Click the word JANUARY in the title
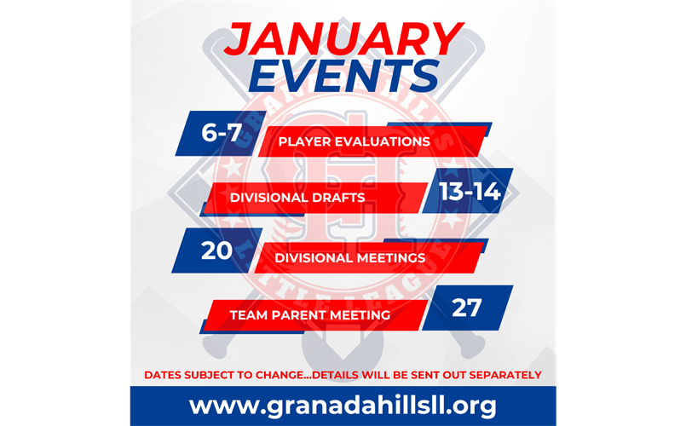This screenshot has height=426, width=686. coord(343,39)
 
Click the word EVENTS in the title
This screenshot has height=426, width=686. coord(344,77)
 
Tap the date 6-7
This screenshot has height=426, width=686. coord(222,132)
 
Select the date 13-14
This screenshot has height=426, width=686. coord(470,192)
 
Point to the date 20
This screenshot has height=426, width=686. coord(216,250)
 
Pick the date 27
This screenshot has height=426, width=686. coord(467,308)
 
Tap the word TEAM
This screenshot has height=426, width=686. coord(249,315)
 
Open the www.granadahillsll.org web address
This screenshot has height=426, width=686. coord(343,406)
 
